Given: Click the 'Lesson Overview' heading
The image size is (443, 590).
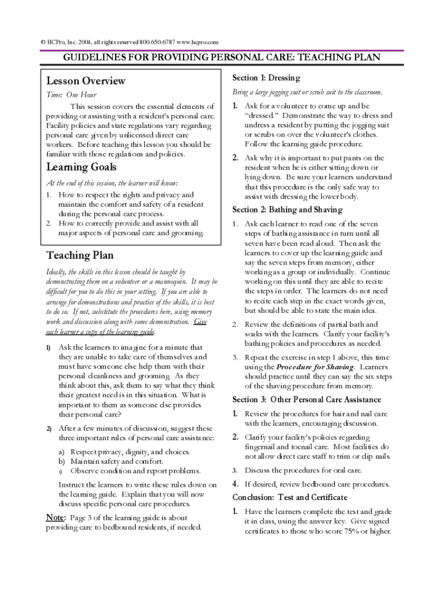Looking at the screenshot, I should point(85,81).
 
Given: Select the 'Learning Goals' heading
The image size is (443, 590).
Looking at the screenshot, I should point(81,167).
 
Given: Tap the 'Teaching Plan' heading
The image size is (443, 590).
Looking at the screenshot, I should point(79,255).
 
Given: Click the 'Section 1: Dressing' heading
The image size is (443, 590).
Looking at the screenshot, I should point(266,78).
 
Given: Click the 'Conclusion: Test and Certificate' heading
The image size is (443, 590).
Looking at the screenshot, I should point(290,497).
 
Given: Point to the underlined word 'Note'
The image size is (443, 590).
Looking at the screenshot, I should point(55,517).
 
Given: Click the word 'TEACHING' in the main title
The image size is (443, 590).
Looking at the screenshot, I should point(312,58).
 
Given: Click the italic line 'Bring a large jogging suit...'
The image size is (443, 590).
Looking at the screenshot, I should point(308,92).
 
